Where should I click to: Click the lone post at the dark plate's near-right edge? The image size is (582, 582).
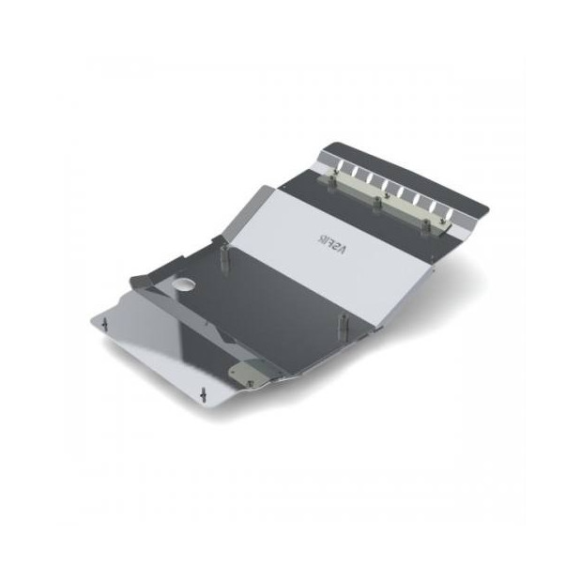click(342, 325)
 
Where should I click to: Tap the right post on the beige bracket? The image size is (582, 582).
click(434, 222)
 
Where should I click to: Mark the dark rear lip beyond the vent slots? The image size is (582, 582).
click(413, 174)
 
